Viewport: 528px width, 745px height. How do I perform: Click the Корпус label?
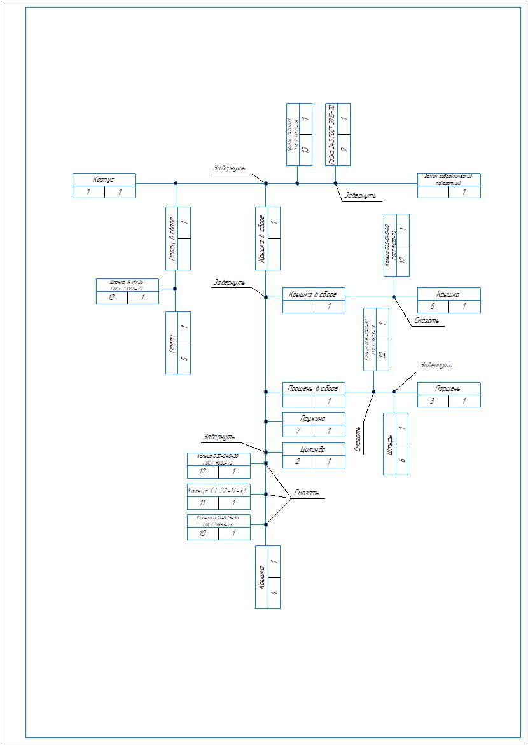104,179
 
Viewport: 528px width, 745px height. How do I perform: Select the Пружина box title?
314,419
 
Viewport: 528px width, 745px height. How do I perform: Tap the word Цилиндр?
314,449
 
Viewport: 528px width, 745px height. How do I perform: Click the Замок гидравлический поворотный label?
448,179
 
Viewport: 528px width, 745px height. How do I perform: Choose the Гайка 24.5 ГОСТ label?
331,134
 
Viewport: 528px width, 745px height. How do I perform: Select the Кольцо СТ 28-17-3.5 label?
218,491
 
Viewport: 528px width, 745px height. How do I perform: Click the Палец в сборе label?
172,239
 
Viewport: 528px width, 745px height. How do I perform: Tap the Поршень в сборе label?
314,388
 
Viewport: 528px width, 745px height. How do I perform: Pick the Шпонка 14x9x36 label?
127,284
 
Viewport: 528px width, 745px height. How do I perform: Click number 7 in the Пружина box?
298,431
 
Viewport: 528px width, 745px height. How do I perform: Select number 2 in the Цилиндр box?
298,462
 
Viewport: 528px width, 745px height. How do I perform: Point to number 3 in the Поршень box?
433,401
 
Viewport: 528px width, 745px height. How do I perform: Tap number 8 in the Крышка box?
433,306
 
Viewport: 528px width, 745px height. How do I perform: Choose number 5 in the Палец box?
184,359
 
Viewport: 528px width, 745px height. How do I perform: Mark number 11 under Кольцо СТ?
202,503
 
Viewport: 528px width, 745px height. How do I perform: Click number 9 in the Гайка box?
344,150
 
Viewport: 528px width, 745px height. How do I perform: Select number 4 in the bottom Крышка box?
274,593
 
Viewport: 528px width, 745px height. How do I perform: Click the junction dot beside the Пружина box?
266,421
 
